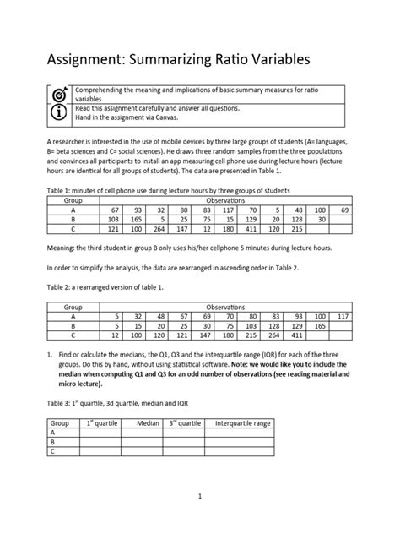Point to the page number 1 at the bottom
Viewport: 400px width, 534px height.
pyautogui.click(x=199, y=497)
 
